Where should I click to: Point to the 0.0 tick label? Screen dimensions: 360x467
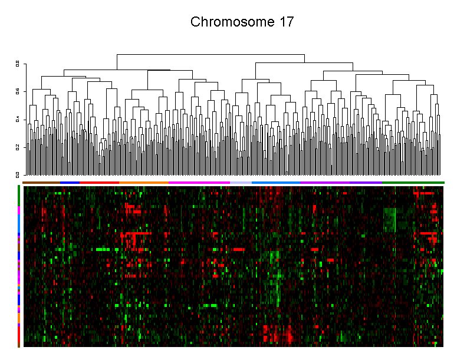(18, 174)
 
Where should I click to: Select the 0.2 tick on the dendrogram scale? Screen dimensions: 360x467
(18, 147)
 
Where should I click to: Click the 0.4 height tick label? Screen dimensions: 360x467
(18, 119)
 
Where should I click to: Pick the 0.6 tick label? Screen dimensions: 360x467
(18, 91)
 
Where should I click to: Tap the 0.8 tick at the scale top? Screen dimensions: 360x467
(18, 63)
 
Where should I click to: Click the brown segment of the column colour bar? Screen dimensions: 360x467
(41, 183)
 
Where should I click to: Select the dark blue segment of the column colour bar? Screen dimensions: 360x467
(70, 183)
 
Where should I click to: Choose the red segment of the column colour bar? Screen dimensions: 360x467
(99, 183)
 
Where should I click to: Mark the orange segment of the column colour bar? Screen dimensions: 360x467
(144, 183)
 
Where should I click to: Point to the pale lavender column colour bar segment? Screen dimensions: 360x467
(241, 183)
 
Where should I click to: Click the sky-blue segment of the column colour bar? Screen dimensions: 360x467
(276, 183)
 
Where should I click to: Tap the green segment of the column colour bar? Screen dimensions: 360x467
(413, 183)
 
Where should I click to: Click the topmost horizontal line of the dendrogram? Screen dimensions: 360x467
(211, 54)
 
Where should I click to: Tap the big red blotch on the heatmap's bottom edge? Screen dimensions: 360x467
(277, 335)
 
